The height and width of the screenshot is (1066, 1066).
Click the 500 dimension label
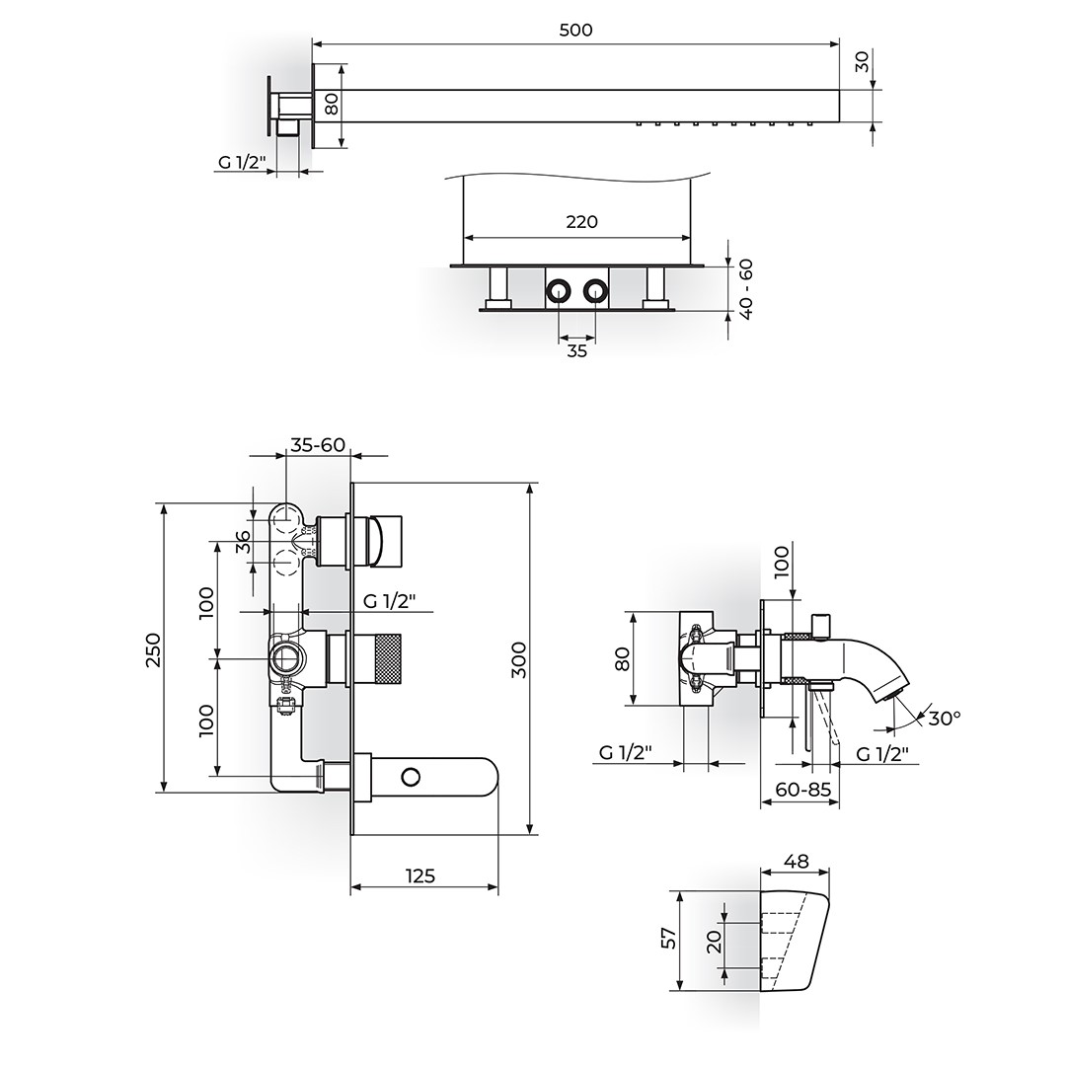pyautogui.click(x=575, y=30)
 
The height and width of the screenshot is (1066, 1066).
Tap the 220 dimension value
pyautogui.click(x=581, y=222)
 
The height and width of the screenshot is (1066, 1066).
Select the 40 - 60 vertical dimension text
pyautogui.click(x=746, y=289)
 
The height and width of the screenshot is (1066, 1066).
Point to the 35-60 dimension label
pyautogui.click(x=318, y=444)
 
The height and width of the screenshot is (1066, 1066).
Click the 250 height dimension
pyautogui.click(x=154, y=649)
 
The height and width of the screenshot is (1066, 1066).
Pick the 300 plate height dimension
pyautogui.click(x=519, y=659)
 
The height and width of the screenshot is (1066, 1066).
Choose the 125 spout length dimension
pyautogui.click(x=420, y=876)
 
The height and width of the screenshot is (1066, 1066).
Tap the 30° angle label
pyautogui.click(x=945, y=718)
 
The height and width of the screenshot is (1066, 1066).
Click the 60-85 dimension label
pyautogui.click(x=802, y=790)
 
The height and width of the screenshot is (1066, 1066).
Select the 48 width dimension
pyautogui.click(x=797, y=862)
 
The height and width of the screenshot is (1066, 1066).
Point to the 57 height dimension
pyautogui.click(x=669, y=939)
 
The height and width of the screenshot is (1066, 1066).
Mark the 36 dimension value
pyautogui.click(x=244, y=543)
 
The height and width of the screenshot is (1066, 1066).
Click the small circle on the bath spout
pyautogui.click(x=410, y=777)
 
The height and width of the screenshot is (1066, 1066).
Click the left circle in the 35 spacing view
pyautogui.click(x=558, y=292)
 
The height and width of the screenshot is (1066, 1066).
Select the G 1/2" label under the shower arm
pyautogui.click(x=242, y=162)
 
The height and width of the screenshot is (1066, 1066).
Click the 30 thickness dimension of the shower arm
pyautogui.click(x=862, y=62)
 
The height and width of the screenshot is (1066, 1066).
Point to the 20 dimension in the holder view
pyautogui.click(x=714, y=942)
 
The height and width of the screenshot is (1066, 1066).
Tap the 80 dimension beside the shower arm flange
pyautogui.click(x=331, y=104)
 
